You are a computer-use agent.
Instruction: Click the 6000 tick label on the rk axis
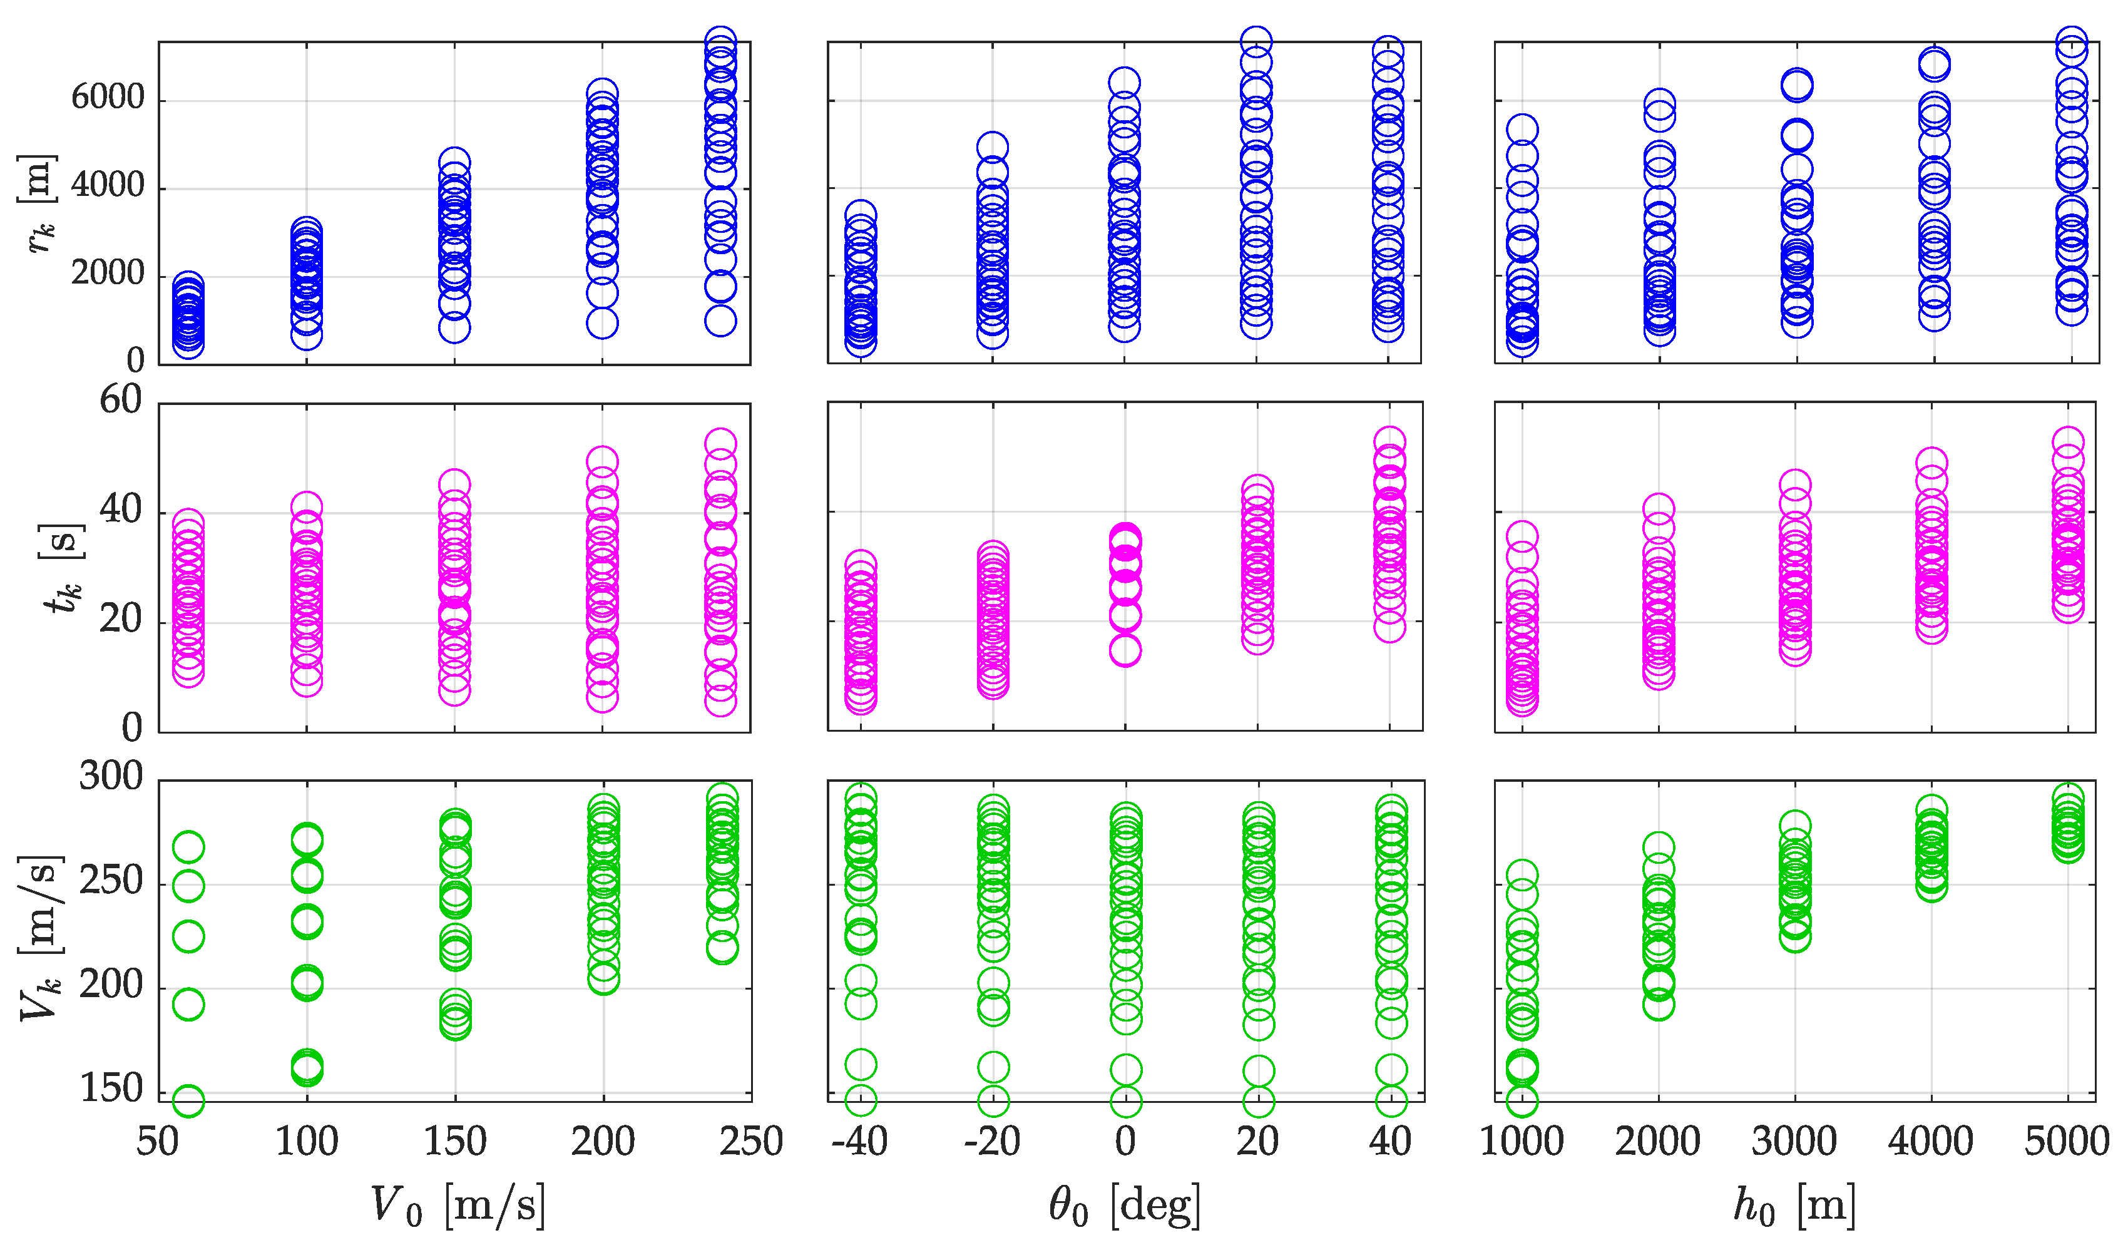click(107, 98)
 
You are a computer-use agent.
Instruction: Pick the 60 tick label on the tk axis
click(120, 400)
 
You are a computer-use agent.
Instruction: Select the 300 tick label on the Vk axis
click(110, 776)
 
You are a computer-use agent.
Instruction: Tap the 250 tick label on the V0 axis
click(750, 1141)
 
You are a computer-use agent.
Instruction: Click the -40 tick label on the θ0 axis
click(859, 1141)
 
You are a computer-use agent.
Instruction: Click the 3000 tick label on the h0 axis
click(1794, 1141)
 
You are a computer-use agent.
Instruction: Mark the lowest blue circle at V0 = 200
click(602, 322)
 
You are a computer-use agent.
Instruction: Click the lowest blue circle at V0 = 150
click(454, 327)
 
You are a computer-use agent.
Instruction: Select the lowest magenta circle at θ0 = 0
click(1125, 650)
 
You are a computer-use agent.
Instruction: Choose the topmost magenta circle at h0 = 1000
click(1522, 536)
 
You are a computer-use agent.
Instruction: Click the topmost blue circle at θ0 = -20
click(993, 147)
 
